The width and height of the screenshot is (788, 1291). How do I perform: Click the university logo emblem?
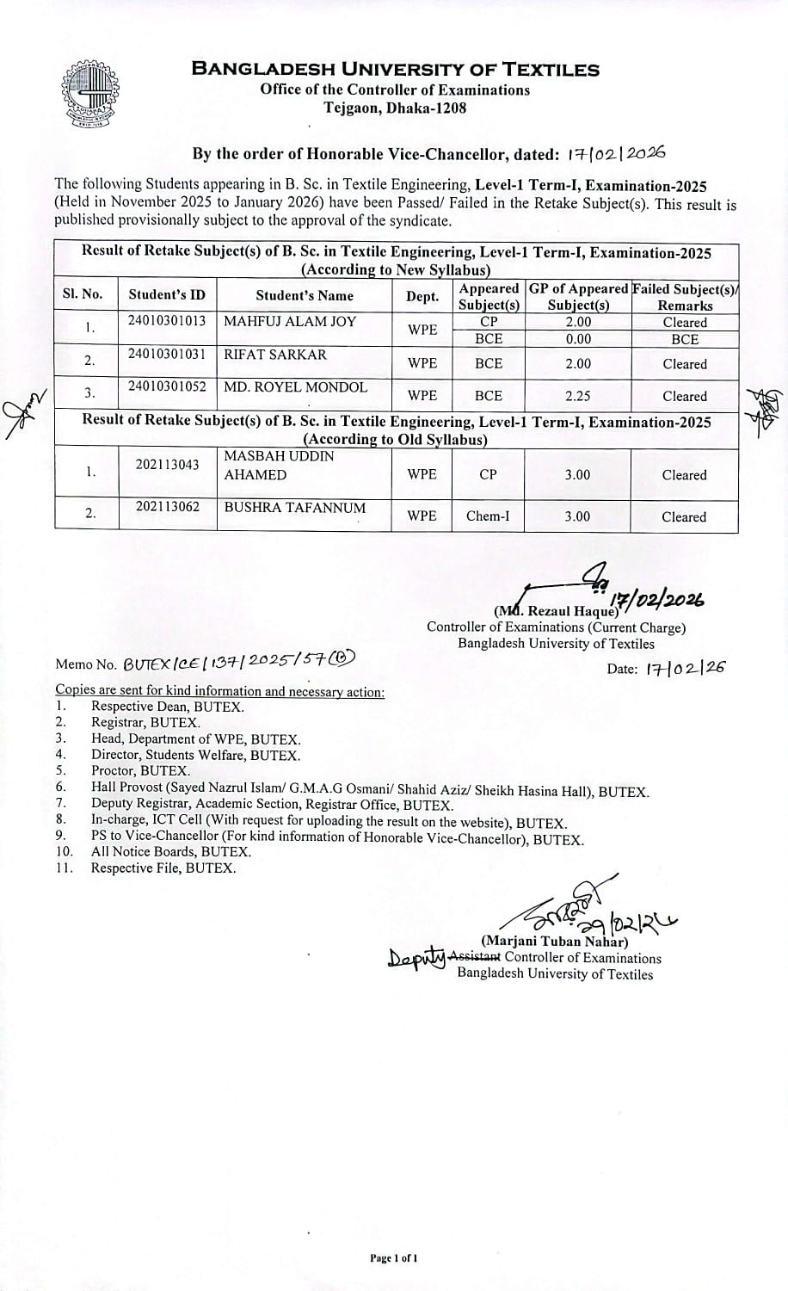[x=89, y=94]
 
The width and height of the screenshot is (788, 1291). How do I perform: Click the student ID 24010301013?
[x=167, y=321]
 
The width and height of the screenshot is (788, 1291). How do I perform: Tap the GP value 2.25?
[x=577, y=396]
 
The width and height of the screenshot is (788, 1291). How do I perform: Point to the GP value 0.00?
[x=577, y=339]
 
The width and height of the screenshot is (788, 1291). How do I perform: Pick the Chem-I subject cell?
[x=488, y=516]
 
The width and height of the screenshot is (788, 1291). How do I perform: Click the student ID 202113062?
[x=167, y=507]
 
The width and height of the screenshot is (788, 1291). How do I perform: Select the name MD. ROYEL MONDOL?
[x=295, y=387]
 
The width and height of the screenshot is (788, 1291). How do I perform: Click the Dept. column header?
[x=422, y=296]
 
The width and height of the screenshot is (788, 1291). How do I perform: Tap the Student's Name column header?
[x=305, y=295]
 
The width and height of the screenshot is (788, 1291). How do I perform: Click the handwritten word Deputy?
[x=417, y=958]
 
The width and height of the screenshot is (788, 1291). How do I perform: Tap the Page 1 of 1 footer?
[x=394, y=1258]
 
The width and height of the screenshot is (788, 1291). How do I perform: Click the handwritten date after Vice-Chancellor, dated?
[x=616, y=153]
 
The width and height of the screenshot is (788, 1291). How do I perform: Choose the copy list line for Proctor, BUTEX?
[x=140, y=771]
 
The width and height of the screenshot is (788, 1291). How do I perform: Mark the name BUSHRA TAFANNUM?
[x=294, y=508]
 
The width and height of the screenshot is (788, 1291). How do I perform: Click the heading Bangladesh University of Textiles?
[x=395, y=70]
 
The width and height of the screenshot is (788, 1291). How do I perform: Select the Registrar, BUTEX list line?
[x=145, y=723]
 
